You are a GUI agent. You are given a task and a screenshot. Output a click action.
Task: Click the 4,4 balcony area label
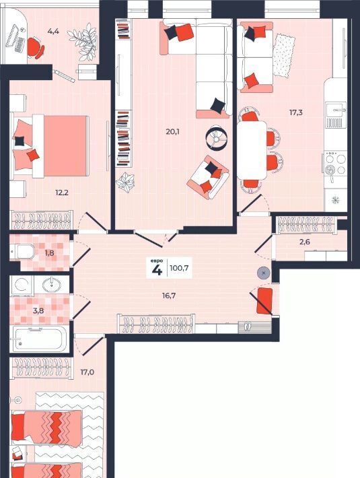point(53,31)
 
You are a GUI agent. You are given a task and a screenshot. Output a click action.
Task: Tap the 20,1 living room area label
point(173,132)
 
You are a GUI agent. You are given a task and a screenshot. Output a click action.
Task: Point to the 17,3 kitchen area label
point(295,112)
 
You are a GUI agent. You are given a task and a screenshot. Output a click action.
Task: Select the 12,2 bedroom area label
point(61,193)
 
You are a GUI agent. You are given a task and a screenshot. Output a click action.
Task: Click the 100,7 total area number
point(179,268)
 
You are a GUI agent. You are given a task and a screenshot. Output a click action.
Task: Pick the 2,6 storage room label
point(305,242)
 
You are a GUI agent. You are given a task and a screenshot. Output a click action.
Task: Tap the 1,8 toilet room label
point(49,252)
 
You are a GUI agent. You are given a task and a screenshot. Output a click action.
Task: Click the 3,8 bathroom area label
point(38,311)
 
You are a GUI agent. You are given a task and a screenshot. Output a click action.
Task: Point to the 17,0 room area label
point(87,372)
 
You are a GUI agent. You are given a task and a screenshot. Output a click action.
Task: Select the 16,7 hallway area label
point(169,296)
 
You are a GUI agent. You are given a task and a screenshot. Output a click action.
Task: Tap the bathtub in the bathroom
point(38,339)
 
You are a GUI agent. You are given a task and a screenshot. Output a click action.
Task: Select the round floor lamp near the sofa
point(216,137)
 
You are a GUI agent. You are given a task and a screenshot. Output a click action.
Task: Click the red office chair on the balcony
point(35,48)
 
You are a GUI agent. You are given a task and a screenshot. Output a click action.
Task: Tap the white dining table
point(252,150)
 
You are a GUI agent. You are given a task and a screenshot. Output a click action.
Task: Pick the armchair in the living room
point(208,178)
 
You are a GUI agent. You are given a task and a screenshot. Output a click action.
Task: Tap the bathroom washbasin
point(51,285)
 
